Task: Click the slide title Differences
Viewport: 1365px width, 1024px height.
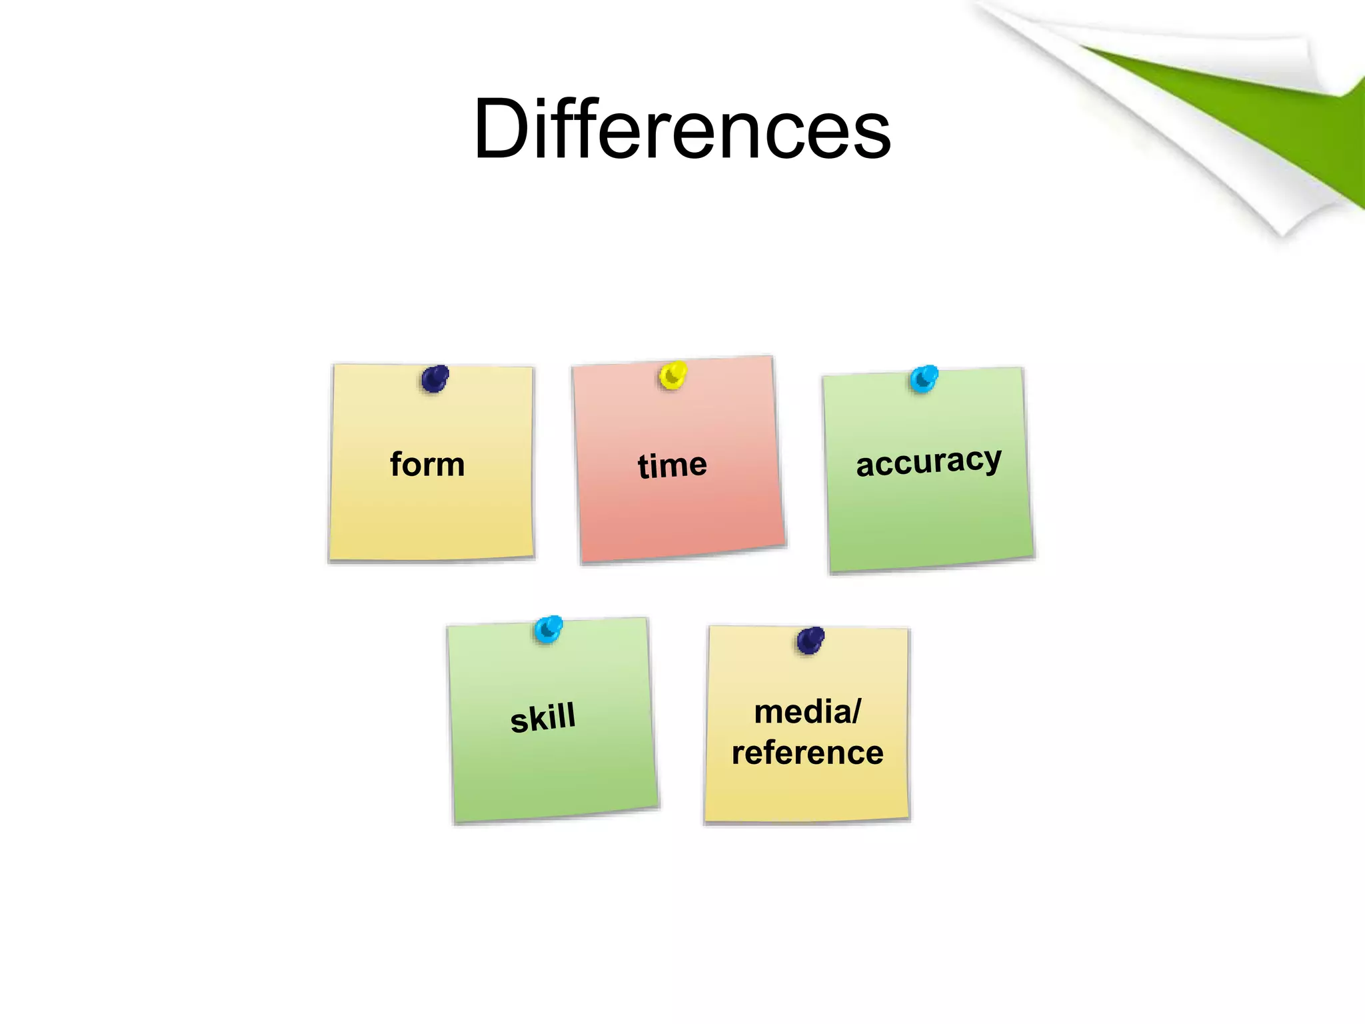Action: pyautogui.click(x=682, y=128)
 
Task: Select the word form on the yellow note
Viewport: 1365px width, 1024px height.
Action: pyautogui.click(x=427, y=464)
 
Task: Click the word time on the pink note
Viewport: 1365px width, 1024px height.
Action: pyautogui.click(x=672, y=465)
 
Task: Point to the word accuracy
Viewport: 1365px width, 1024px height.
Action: pyautogui.click(x=928, y=462)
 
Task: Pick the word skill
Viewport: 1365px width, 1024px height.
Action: pyautogui.click(x=543, y=717)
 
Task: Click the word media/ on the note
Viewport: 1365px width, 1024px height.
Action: pyautogui.click(x=808, y=711)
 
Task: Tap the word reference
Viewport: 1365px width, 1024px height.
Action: pyautogui.click(x=808, y=753)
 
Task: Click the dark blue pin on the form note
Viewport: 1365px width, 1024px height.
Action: pyautogui.click(x=435, y=379)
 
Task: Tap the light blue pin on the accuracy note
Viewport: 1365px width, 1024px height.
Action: pyautogui.click(x=924, y=379)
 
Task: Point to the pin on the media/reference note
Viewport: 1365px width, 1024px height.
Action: pyautogui.click(x=810, y=641)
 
